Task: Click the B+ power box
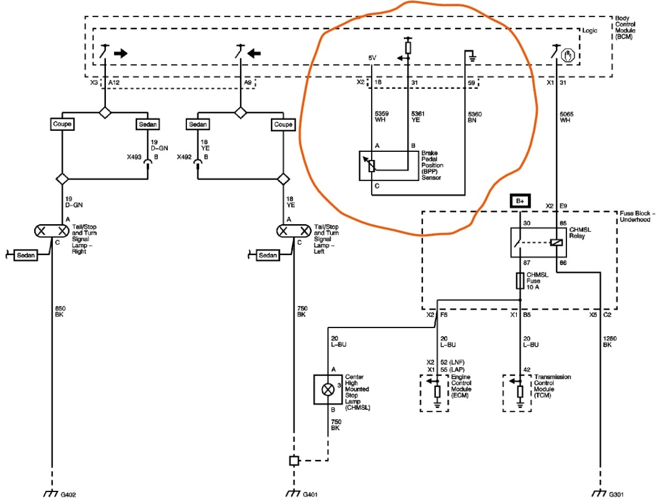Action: point(520,201)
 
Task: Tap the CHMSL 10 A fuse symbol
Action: point(520,280)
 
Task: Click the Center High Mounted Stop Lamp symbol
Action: point(328,389)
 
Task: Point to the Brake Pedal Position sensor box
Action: point(388,165)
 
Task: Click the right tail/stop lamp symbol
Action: point(52,230)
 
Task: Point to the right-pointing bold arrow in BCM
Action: point(120,54)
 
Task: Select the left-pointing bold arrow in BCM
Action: point(254,54)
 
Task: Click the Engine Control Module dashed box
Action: point(437,393)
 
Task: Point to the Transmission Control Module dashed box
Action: point(520,393)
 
